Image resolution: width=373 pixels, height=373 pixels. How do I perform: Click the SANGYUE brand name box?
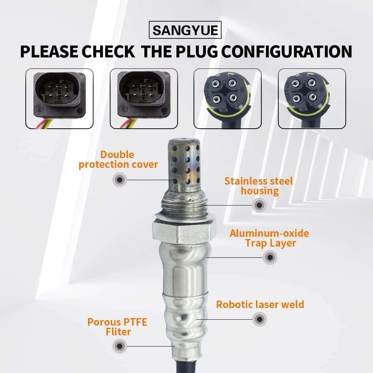(185, 30)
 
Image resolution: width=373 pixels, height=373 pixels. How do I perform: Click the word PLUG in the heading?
(197, 51)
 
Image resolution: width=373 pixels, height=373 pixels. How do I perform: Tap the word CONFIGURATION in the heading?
(286, 51)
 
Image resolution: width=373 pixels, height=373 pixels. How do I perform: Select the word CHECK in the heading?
(109, 51)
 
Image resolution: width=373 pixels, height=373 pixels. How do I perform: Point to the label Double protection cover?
(118, 160)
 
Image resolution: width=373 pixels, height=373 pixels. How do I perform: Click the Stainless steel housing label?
(258, 186)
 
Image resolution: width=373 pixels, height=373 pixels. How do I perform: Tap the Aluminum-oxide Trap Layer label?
(270, 238)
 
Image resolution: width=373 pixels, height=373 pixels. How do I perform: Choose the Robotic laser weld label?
(260, 304)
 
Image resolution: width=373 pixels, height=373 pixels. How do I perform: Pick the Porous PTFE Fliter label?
(117, 327)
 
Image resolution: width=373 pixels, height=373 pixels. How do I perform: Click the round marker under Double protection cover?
(120, 180)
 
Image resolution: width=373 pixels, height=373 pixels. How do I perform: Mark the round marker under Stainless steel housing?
(259, 205)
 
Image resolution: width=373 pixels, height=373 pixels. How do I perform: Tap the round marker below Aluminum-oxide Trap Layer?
(270, 257)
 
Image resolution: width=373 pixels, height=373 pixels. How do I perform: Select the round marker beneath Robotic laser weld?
(260, 319)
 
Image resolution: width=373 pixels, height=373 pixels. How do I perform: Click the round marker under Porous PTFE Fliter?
(120, 346)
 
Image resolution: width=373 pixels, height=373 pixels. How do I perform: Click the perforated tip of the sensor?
(184, 164)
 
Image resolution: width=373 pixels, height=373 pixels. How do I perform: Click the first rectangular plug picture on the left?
(59, 98)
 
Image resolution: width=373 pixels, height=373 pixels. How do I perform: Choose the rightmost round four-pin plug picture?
(312, 98)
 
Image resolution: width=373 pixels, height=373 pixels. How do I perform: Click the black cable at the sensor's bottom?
(186, 366)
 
